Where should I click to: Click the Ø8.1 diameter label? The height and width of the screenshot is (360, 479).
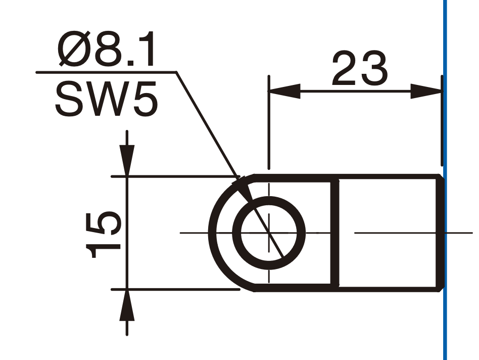coord(106,50)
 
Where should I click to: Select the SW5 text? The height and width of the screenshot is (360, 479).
coord(107,99)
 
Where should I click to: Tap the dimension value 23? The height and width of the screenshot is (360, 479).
coord(360,68)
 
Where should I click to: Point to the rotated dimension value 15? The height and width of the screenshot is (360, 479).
coord(104,235)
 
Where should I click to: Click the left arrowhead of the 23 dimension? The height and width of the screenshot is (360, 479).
coord(284,91)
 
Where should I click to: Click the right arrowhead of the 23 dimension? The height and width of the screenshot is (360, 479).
coord(426,91)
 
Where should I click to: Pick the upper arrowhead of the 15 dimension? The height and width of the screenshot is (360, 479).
coord(127,160)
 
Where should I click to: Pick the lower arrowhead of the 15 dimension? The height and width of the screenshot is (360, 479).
coord(127,305)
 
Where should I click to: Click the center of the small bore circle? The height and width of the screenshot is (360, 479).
coord(269,233)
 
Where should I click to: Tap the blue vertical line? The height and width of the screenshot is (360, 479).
coord(445,180)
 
